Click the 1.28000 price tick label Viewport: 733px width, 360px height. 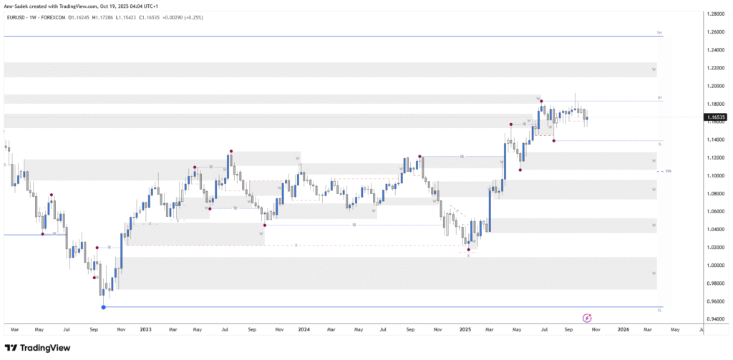tap(714, 14)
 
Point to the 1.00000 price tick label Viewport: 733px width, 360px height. tap(714, 266)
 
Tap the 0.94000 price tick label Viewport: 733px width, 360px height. tap(714, 319)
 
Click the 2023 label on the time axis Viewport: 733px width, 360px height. tap(145, 330)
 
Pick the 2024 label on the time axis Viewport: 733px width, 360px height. tap(304, 330)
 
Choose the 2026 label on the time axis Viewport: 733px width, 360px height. tap(623, 330)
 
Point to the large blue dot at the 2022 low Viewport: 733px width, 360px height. tap(104, 307)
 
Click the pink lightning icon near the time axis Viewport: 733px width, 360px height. tap(587, 318)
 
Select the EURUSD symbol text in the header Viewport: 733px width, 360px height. tap(16, 17)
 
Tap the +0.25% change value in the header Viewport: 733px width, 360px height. tap(194, 17)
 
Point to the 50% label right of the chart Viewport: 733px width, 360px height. tap(668, 171)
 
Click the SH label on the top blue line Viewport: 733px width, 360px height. tap(659, 33)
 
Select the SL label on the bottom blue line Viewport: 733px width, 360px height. tap(659, 311)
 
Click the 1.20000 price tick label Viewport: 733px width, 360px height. tap(714, 86)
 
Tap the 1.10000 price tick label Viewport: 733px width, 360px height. tap(714, 176)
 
